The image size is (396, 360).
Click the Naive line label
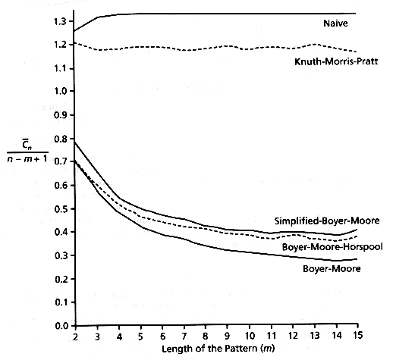tap(335, 23)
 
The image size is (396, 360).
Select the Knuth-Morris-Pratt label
tap(336, 61)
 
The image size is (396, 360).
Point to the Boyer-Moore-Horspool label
tap(332, 247)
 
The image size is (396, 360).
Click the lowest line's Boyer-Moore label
tap(332, 268)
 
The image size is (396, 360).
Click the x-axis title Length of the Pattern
tap(218, 349)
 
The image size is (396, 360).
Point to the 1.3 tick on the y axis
tap(60, 21)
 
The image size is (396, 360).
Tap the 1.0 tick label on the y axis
tap(60, 91)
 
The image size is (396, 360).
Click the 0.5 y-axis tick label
tap(60, 209)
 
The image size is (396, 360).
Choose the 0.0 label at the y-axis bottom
tap(61, 326)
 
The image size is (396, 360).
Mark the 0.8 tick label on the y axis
tap(60, 139)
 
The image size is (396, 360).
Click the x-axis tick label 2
tap(75, 337)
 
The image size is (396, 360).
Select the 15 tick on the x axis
tap(357, 335)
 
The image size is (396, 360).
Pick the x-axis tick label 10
tap(250, 337)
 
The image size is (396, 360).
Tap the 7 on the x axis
tap(184, 337)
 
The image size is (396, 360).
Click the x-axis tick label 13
tap(314, 336)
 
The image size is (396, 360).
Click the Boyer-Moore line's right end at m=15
tap(357, 259)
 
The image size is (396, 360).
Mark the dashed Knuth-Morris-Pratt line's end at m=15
tap(357, 52)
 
